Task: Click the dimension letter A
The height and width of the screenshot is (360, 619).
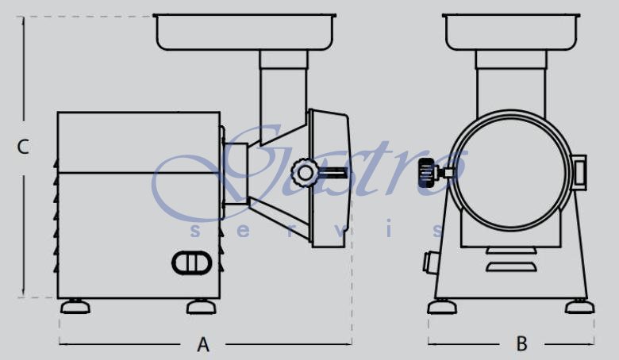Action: [203, 345]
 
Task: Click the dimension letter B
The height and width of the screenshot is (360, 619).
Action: [522, 344]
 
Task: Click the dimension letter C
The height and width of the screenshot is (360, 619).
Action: [23, 147]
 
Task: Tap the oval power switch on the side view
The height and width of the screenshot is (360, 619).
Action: [191, 262]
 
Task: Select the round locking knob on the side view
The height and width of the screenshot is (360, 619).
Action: [305, 172]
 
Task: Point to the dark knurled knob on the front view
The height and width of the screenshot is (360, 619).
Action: [427, 173]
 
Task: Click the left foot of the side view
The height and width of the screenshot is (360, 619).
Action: [75, 307]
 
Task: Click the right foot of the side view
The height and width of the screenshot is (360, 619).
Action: [202, 307]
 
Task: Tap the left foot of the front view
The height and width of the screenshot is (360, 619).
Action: [442, 307]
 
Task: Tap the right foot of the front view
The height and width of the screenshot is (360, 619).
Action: [579, 307]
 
